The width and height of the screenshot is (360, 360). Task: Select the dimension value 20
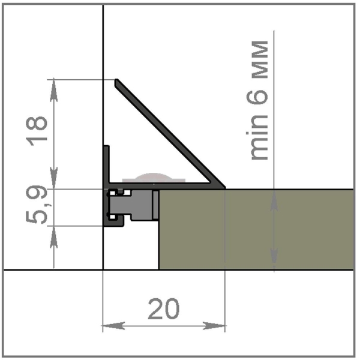tap(164, 310)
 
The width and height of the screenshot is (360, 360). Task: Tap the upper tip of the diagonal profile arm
tap(118, 80)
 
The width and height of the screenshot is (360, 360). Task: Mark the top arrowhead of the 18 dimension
tap(55, 88)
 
